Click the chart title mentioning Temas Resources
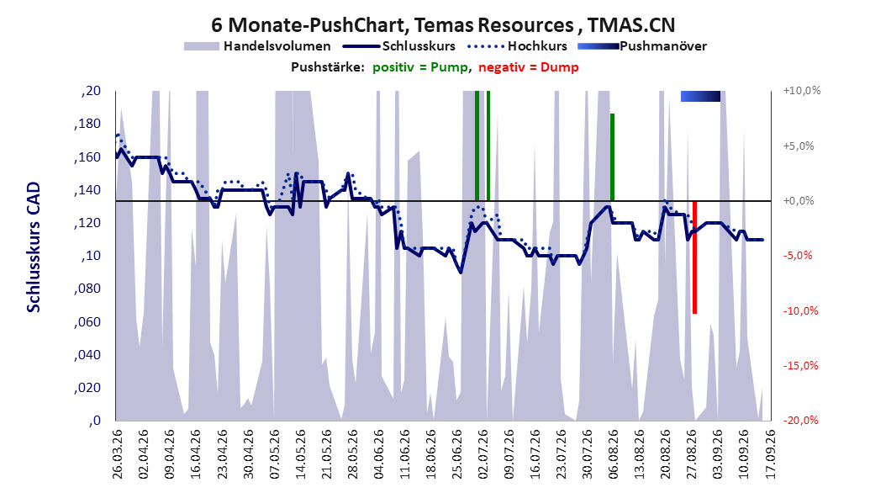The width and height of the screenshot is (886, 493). point(443,25)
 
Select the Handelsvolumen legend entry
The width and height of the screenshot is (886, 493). point(258,46)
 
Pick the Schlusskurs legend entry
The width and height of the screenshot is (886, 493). point(399,46)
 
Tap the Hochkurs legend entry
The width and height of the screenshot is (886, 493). point(518,46)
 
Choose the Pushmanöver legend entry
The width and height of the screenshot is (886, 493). point(642,46)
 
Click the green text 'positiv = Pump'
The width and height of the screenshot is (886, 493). point(420,67)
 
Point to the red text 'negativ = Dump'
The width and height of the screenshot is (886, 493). point(529,67)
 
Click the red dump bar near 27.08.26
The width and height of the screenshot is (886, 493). point(694,257)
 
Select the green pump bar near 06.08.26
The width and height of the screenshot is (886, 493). point(612,157)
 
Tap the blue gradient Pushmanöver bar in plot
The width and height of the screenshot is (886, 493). point(701,96)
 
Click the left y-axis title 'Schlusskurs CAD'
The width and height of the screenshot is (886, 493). point(34,246)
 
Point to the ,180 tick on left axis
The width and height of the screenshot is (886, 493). point(87,124)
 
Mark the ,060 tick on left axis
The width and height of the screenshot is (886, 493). point(87,321)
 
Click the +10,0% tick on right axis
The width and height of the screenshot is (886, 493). point(802,91)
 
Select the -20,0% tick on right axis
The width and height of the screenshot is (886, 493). point(800,420)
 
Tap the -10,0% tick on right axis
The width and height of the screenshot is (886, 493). point(800,310)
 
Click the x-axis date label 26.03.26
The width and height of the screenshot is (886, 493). point(117,454)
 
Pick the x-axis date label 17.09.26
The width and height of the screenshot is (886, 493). point(770,454)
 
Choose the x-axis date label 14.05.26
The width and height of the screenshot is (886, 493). point(300,454)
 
